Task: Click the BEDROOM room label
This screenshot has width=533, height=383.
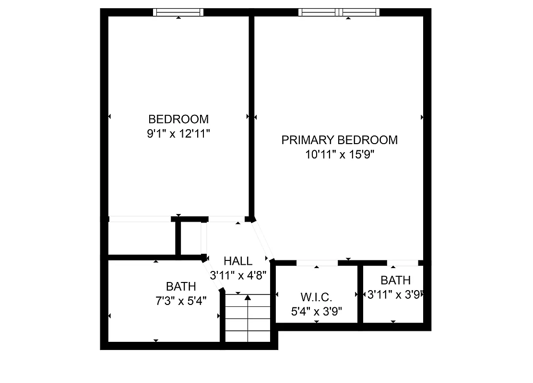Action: point(178,119)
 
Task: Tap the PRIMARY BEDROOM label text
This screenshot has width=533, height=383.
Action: point(339,140)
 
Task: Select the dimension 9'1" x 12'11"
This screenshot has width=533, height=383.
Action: point(178,134)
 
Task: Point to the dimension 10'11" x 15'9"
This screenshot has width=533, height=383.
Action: point(339,155)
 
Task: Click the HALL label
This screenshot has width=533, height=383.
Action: point(238,261)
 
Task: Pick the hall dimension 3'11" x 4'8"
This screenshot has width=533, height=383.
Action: point(238,275)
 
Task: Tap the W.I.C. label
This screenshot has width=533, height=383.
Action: point(316,297)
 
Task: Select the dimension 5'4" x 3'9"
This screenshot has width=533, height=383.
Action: point(316,311)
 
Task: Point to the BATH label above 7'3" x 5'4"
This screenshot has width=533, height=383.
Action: point(181,286)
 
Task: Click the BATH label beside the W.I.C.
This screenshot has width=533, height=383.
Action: point(395,280)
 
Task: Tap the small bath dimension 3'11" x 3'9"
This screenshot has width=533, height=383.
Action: point(395,295)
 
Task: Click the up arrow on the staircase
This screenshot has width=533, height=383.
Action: point(248,298)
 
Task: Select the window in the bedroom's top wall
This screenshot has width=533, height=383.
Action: point(178,12)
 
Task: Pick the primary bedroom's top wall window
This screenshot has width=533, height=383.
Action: point(339,12)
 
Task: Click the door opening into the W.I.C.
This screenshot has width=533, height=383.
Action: point(317,263)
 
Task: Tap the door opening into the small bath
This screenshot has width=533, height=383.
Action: point(403,263)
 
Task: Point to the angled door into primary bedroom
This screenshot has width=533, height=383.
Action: point(263,240)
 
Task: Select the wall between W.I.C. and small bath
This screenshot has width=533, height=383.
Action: point(360,294)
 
